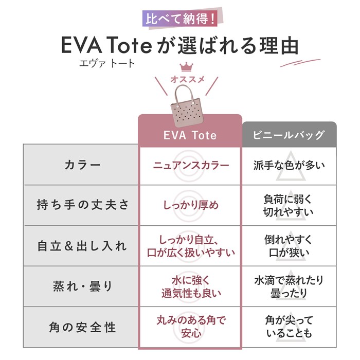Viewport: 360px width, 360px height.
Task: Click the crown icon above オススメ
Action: [x=186, y=67]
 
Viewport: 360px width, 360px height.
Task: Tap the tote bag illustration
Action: [x=186, y=105]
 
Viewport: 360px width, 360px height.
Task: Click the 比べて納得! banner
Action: [x=182, y=19]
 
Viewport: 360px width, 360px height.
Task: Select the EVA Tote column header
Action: [x=190, y=135]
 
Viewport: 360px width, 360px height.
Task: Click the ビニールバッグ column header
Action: [x=289, y=135]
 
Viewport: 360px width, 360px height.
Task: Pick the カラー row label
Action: [x=83, y=165]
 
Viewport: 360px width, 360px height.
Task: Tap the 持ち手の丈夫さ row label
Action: [x=83, y=205]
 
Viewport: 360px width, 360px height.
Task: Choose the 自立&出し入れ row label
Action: [x=82, y=246]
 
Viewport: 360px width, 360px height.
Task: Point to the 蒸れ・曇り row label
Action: [x=82, y=286]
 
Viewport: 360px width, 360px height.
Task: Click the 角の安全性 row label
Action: [x=82, y=327]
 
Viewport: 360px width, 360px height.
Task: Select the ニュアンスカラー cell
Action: [x=191, y=165]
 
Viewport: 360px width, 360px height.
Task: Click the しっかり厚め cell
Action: [x=191, y=205]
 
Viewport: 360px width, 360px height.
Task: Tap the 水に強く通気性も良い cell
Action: [x=191, y=287]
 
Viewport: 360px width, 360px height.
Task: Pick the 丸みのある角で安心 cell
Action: [x=191, y=327]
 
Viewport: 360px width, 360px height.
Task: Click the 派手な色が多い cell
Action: [x=289, y=165]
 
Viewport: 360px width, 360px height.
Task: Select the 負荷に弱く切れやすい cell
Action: [x=289, y=205]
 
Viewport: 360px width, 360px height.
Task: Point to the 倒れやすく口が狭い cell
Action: [x=289, y=246]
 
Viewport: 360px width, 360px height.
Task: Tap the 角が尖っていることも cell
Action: [x=289, y=327]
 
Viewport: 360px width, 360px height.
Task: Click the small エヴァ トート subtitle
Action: [x=107, y=63]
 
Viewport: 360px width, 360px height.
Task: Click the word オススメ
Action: [x=187, y=79]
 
